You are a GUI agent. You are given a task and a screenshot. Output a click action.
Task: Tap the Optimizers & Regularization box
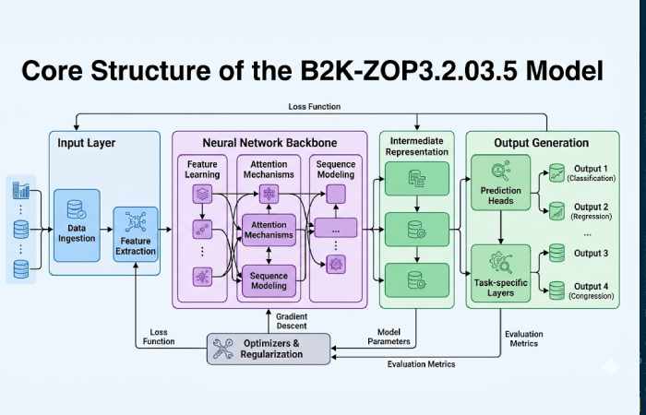269,349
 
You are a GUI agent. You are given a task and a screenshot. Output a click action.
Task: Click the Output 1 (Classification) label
590,172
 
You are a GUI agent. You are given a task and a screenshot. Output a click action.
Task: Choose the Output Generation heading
541,143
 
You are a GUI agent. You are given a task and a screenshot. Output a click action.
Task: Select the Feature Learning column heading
202,169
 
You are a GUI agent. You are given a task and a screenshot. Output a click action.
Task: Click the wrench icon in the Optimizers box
223,349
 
